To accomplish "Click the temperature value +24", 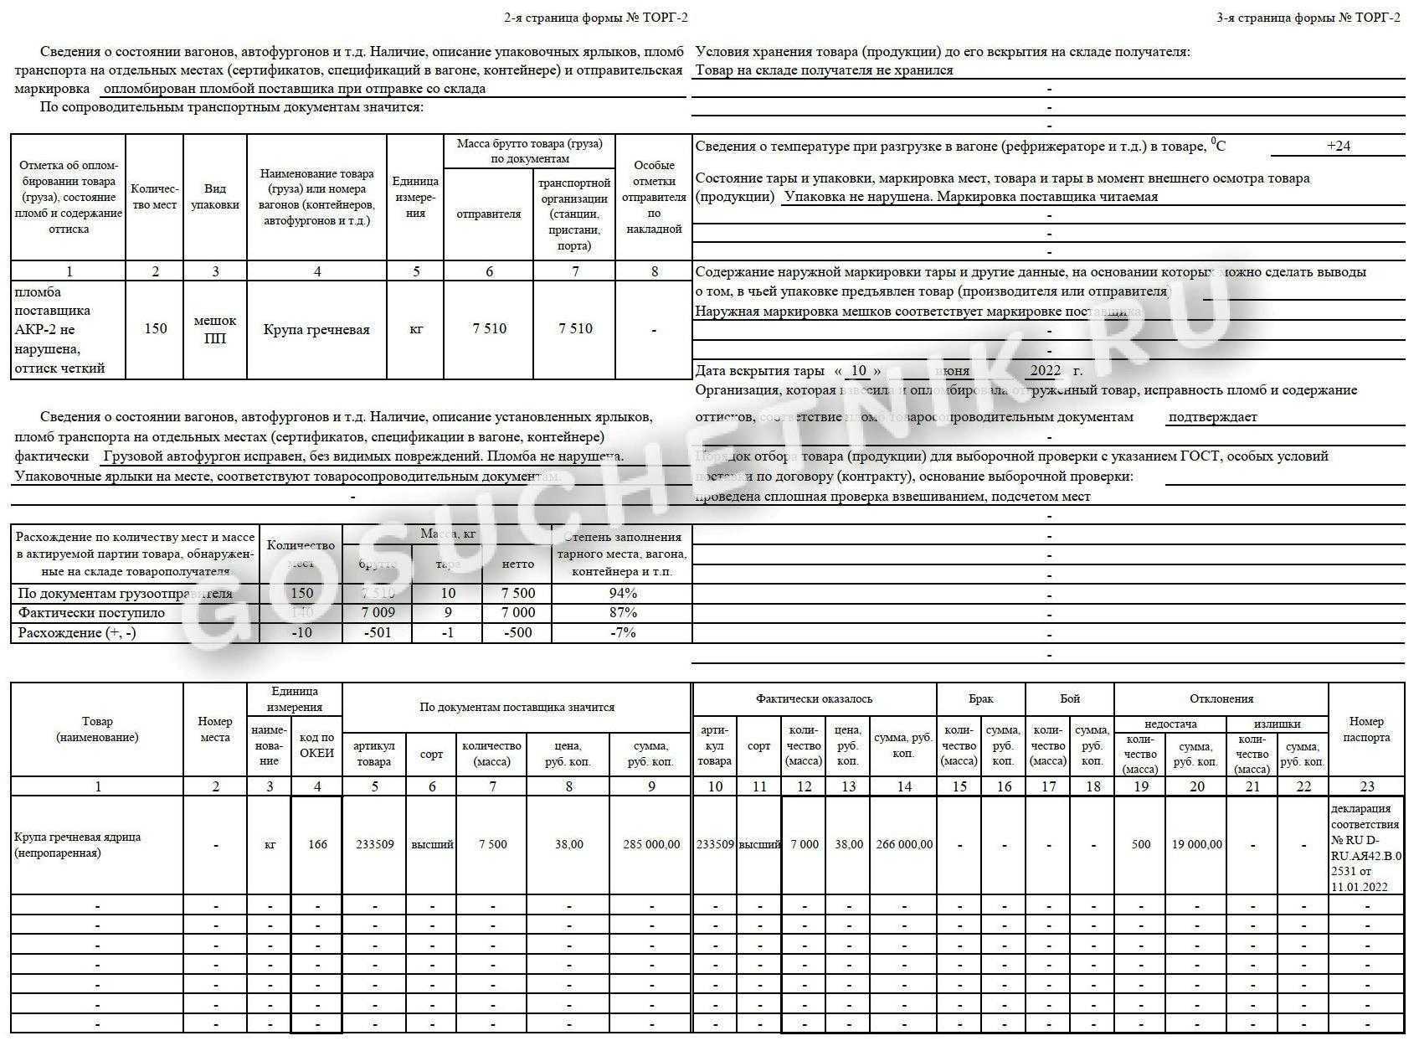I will tap(1339, 146).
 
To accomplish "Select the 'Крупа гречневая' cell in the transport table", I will tap(316, 329).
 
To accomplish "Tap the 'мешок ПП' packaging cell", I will tap(215, 329).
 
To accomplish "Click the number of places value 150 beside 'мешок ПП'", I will tap(156, 328).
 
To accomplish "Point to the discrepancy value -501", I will tap(378, 632).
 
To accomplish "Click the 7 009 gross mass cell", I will tap(378, 612).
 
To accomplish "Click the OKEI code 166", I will tap(317, 844).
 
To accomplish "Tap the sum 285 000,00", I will tap(651, 844).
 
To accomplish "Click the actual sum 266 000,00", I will tap(904, 844).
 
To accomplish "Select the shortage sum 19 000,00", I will tap(1197, 844).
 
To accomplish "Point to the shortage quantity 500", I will tap(1141, 844).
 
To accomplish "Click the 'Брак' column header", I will tap(981, 698).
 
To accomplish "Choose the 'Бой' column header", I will tap(1070, 698).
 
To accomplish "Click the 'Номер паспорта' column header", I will tap(1367, 729).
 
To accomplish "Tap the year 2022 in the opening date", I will tap(1046, 370).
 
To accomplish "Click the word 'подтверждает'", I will tap(1212, 417).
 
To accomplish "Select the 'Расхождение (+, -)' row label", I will tap(77, 632).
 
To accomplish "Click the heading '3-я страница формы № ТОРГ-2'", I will tap(1308, 18).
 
